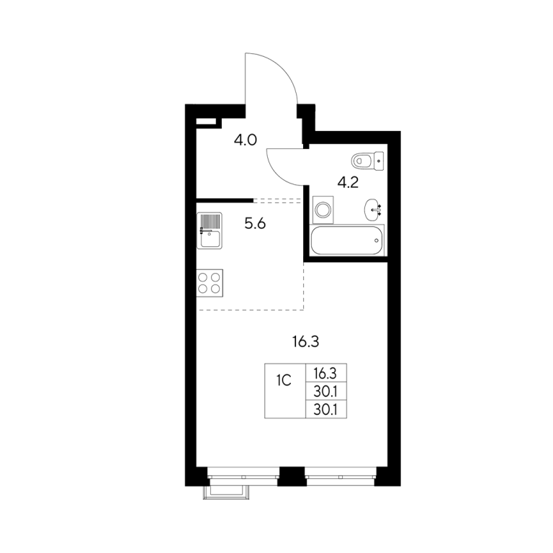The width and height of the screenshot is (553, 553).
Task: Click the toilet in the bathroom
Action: (367, 161)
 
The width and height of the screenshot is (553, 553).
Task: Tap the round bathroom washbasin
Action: (372, 210)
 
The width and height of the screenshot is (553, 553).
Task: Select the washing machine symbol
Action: (323, 210)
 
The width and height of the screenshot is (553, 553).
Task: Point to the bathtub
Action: (346, 240)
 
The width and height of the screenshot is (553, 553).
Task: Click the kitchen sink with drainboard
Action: (210, 230)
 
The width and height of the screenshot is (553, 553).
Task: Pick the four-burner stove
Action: (210, 283)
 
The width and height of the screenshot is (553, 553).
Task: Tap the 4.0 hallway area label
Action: (245, 140)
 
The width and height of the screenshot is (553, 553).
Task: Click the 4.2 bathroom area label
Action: (347, 183)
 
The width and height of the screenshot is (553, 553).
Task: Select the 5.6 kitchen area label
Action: (255, 224)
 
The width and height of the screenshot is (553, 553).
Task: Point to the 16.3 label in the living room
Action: (306, 342)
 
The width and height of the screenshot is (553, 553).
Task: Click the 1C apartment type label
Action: (284, 380)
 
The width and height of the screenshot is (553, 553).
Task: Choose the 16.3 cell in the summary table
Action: (325, 372)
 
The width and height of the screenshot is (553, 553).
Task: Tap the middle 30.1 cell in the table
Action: (325, 391)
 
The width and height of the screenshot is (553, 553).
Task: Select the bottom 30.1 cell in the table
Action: (325, 410)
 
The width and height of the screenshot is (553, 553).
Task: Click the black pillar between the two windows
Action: (291, 476)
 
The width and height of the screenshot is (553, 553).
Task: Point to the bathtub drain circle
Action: (377, 240)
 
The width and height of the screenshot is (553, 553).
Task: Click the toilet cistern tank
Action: (379, 161)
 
